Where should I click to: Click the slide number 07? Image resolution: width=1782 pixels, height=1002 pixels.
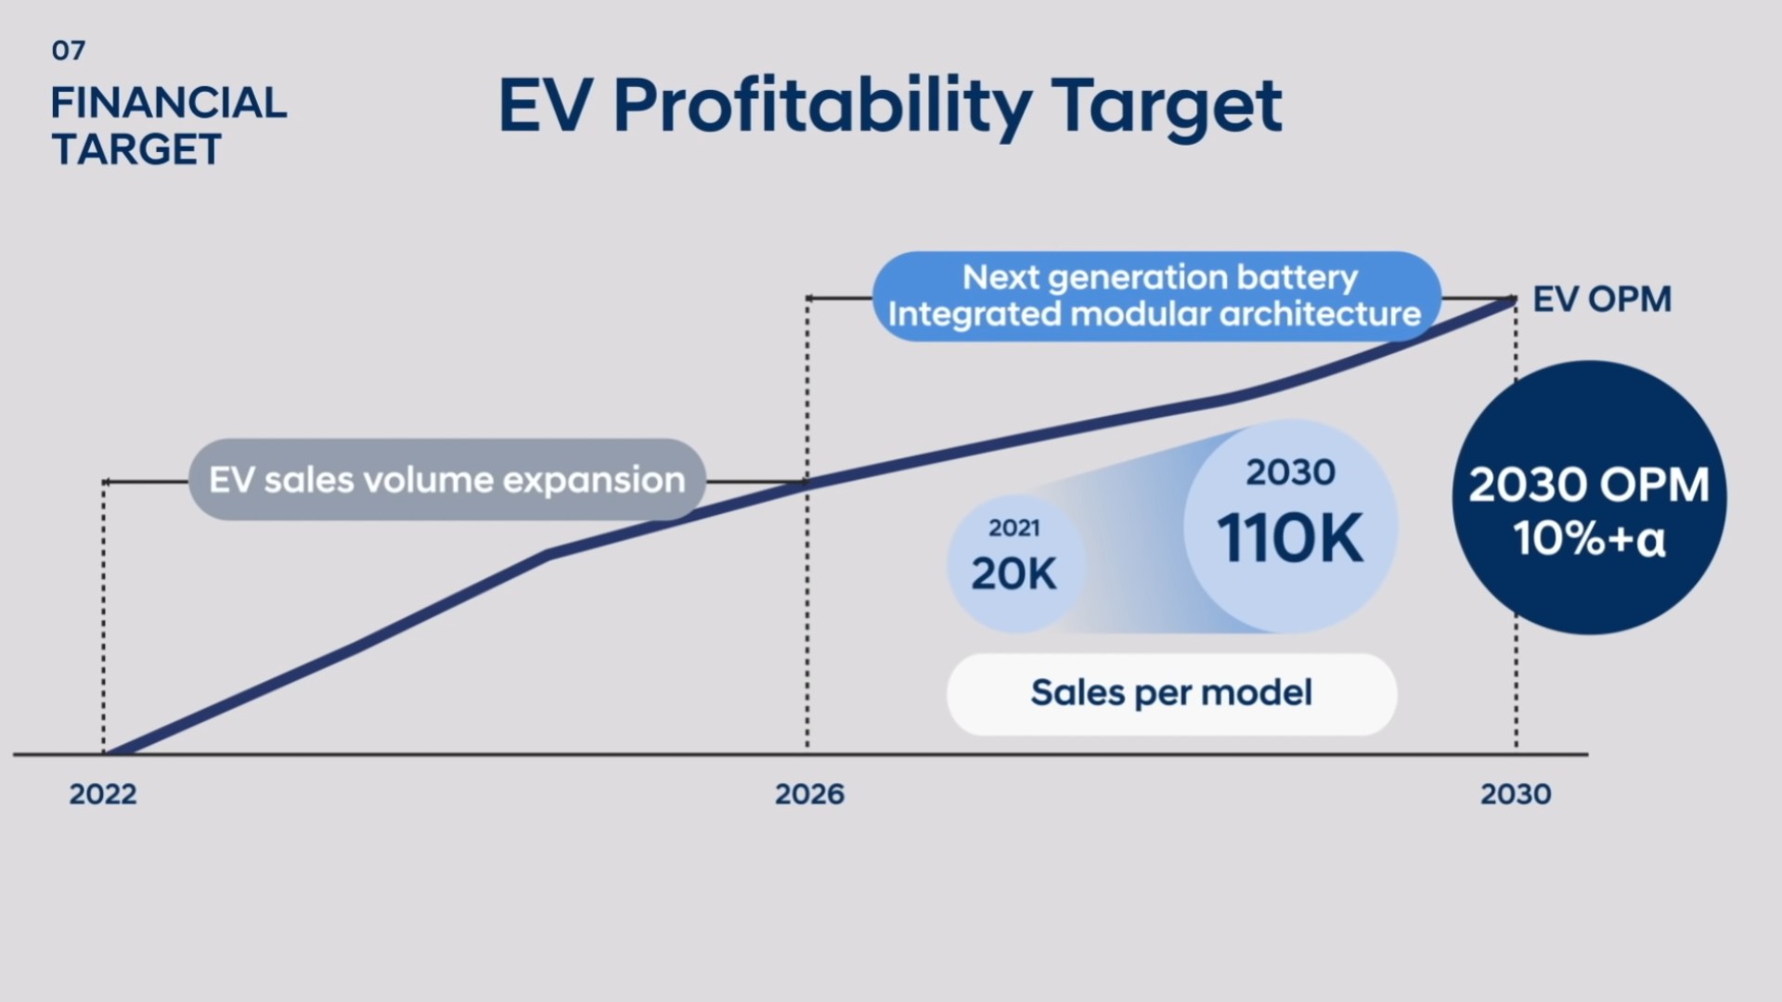[69, 50]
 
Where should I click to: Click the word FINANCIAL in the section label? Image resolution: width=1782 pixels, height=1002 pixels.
[168, 103]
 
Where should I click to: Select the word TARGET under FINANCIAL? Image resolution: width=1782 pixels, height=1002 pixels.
[136, 149]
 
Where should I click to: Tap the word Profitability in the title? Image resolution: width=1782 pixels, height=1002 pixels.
[821, 106]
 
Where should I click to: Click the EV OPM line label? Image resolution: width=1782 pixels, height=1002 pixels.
[1601, 299]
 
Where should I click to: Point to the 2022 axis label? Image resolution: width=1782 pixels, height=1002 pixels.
[103, 794]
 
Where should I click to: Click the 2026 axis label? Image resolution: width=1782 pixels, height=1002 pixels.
[809, 794]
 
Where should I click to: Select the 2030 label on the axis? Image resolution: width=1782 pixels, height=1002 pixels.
[1516, 794]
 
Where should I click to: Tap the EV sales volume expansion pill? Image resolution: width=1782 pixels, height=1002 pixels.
[446, 480]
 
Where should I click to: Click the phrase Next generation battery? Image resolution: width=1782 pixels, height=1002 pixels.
[1159, 277]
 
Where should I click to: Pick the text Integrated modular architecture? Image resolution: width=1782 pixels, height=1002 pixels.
[1154, 314]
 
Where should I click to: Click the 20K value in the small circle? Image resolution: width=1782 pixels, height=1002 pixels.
[1014, 573]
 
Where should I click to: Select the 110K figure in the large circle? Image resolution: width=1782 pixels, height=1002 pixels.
[1290, 538]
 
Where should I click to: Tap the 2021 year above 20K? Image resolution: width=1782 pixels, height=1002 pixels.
[1014, 528]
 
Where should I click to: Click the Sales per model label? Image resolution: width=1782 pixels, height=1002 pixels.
[1171, 693]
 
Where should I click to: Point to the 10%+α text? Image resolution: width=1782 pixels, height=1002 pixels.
[1589, 538]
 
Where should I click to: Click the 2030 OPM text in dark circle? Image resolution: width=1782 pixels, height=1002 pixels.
[1589, 484]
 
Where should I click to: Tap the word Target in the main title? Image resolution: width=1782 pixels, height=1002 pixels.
[1167, 106]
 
